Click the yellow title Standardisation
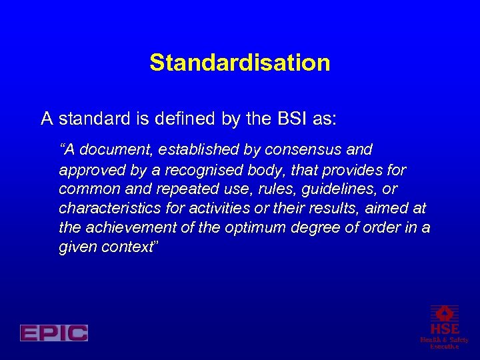pos(240,63)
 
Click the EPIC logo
pos(54,333)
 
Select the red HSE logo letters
pos(444,329)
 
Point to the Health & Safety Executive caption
pos(444,343)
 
